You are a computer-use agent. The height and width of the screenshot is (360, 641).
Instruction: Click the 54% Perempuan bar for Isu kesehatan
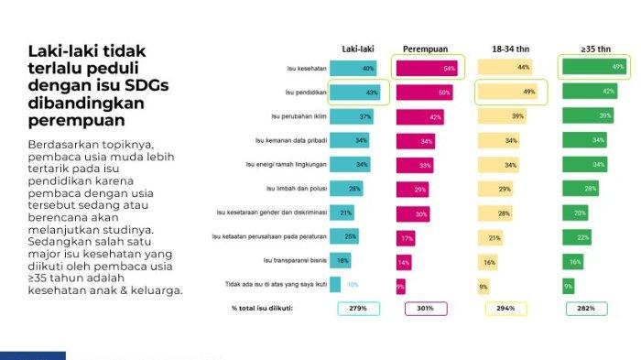pyautogui.click(x=427, y=68)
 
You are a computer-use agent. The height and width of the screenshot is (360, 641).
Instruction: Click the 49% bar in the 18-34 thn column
pyautogui.click(x=509, y=92)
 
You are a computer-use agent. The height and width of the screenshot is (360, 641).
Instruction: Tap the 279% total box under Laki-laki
pyautogui.click(x=358, y=308)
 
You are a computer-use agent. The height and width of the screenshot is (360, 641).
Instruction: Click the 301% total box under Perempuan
pyautogui.click(x=427, y=308)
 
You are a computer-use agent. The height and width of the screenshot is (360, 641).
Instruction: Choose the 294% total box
pyautogui.click(x=506, y=308)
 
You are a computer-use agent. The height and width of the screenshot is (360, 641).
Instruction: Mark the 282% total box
pyautogui.click(x=585, y=308)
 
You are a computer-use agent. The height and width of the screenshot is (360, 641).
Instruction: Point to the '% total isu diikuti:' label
pyautogui.click(x=262, y=308)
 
